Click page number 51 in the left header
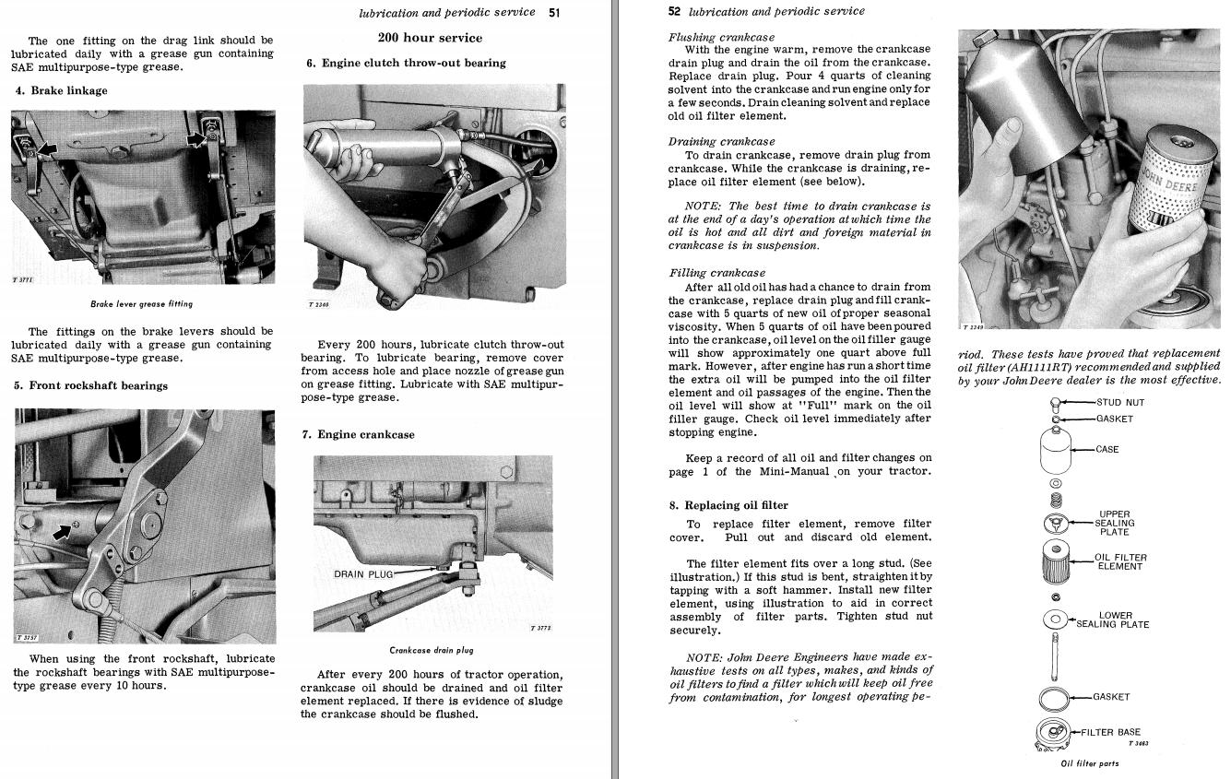pyautogui.click(x=554, y=13)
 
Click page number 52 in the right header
pyautogui.click(x=674, y=11)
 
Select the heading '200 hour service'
pyautogui.click(x=430, y=38)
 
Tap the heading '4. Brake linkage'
pyautogui.click(x=61, y=90)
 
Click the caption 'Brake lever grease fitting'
pyautogui.click(x=142, y=304)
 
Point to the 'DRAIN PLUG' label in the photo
pyautogui.click(x=363, y=574)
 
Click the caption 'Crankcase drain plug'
pyautogui.click(x=432, y=650)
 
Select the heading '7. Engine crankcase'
pyautogui.click(x=359, y=434)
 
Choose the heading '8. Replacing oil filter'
pyautogui.click(x=729, y=505)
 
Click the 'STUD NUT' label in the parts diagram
pyautogui.click(x=1120, y=402)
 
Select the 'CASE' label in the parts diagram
pyautogui.click(x=1107, y=450)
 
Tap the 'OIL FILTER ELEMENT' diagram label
pyautogui.click(x=1119, y=562)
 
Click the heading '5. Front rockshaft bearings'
pyautogui.click(x=90, y=385)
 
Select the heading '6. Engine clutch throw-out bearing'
pyautogui.click(x=406, y=63)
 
